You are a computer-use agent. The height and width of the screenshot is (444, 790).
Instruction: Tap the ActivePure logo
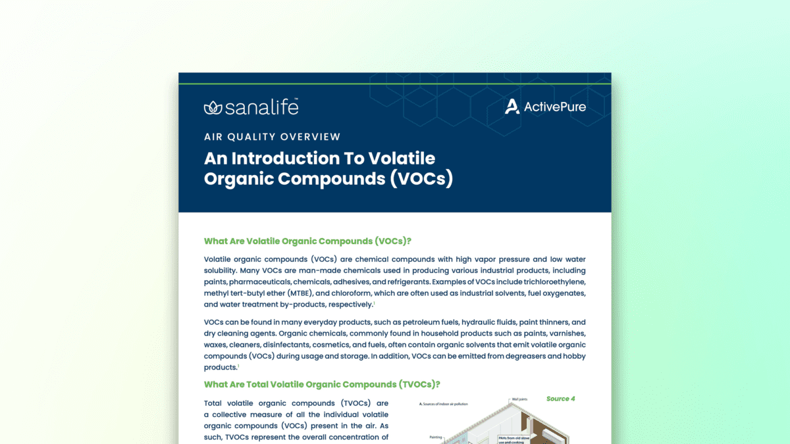[545, 106]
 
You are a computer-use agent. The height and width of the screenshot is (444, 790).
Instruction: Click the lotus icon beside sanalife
[213, 108]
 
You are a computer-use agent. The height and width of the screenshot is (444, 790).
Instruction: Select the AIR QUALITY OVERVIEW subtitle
[272, 137]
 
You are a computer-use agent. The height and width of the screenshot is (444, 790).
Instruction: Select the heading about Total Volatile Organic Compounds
[321, 384]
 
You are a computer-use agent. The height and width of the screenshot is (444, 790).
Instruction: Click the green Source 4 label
[561, 399]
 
